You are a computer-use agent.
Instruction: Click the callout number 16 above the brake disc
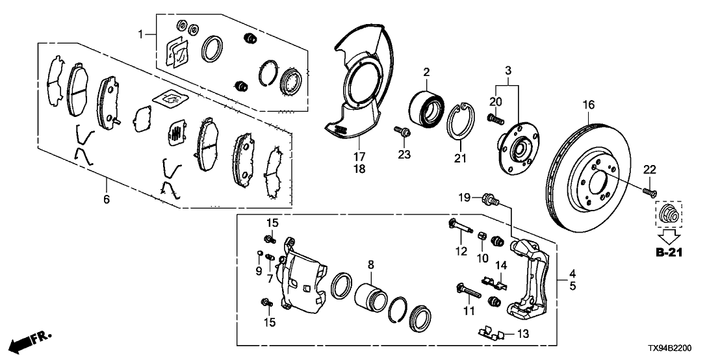click(x=589, y=105)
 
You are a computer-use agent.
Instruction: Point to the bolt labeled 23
click(x=402, y=131)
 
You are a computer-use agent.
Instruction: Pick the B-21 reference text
click(x=669, y=252)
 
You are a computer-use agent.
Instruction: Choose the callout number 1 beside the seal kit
click(x=142, y=34)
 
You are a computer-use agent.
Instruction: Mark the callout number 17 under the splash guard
click(x=359, y=156)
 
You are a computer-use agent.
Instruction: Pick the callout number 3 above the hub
click(x=508, y=71)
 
